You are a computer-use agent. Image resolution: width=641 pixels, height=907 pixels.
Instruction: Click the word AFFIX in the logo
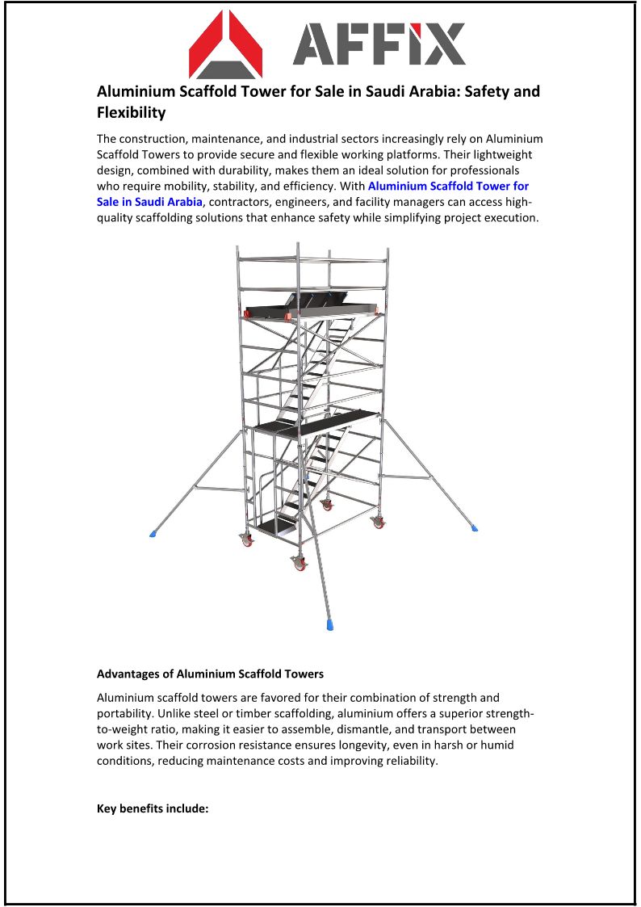click(x=379, y=44)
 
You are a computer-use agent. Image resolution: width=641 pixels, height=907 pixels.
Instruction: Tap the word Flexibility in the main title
click(x=131, y=112)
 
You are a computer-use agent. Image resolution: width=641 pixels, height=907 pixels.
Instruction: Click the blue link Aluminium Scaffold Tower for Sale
click(x=448, y=186)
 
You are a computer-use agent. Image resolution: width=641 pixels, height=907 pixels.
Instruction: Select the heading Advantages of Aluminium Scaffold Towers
click(x=210, y=674)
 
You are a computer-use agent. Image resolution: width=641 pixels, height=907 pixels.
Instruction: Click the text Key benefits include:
click(x=153, y=808)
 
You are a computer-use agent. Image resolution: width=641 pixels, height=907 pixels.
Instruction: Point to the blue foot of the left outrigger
click(x=153, y=534)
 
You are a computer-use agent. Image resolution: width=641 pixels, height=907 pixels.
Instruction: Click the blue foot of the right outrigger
click(x=474, y=527)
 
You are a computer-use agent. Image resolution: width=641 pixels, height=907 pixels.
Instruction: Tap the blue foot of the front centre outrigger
click(x=329, y=624)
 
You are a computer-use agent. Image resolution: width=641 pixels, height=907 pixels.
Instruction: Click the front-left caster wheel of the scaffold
click(x=300, y=565)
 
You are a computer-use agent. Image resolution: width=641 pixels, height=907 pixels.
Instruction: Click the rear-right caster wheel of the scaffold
click(x=378, y=522)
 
